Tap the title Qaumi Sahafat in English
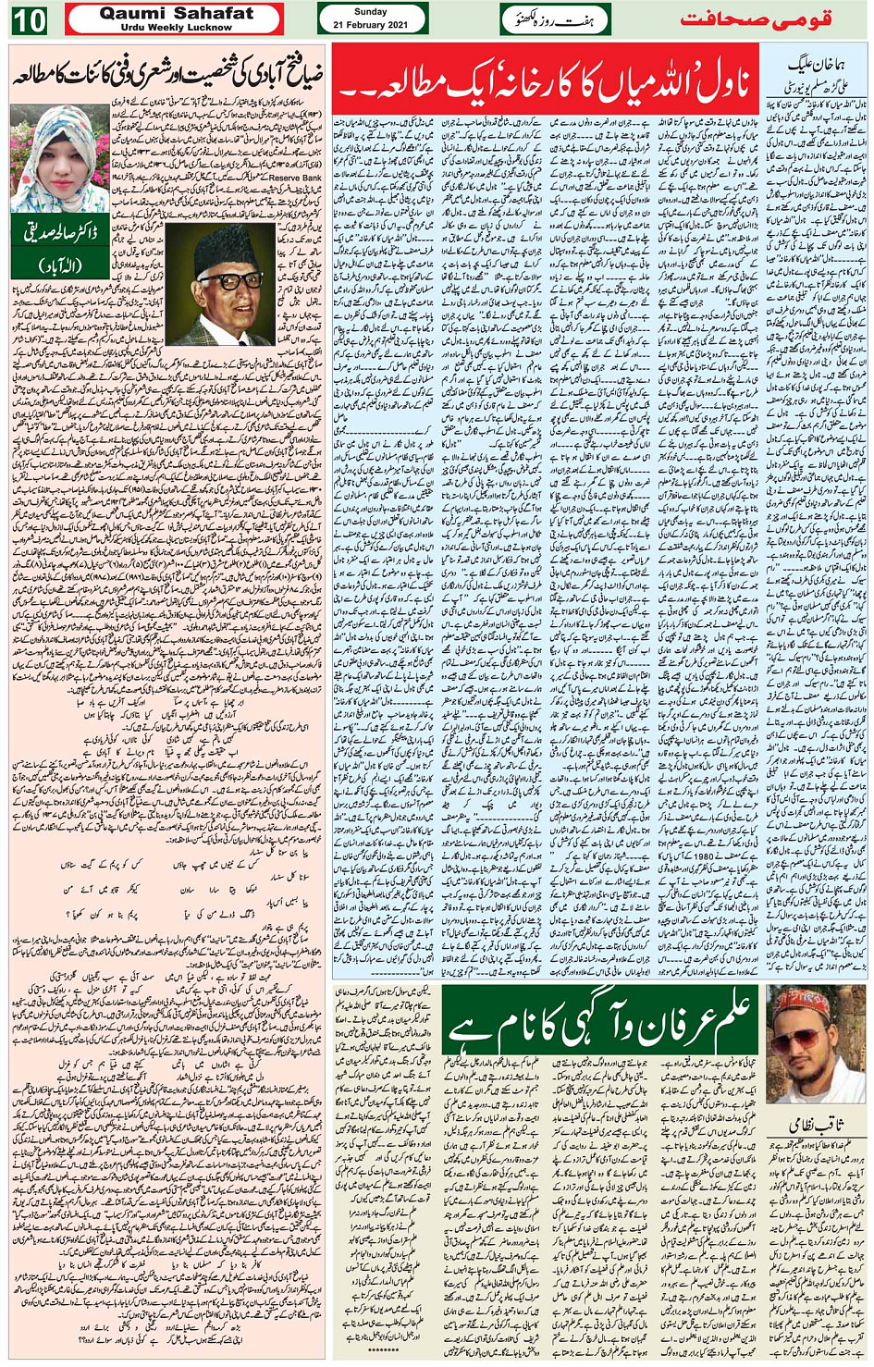(x=176, y=13)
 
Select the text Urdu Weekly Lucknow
(x=176, y=27)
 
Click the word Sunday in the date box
(x=371, y=12)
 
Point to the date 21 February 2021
(x=371, y=25)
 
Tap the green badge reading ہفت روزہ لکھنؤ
(x=555, y=19)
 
